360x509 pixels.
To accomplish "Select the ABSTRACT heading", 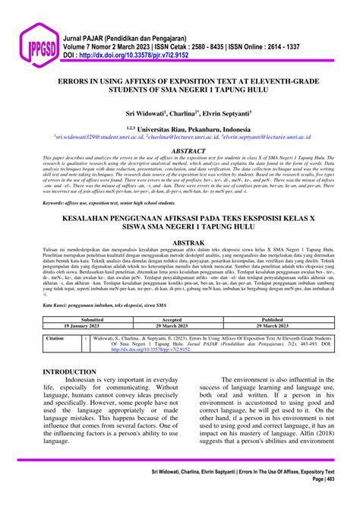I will pyautogui.click(x=180, y=150).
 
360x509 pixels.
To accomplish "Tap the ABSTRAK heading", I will pyautogui.click(x=180, y=243).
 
